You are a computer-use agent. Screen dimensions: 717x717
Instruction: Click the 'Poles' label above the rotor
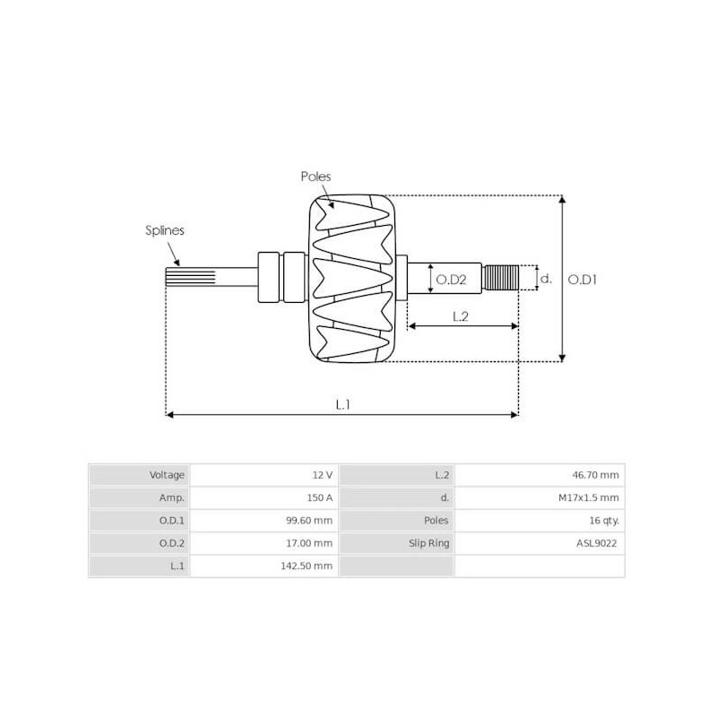[315, 177]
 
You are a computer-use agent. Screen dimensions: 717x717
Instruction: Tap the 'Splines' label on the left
[165, 230]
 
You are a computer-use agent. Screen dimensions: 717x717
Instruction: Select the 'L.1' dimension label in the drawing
[342, 404]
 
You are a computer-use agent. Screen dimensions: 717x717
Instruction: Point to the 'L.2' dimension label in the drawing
[460, 315]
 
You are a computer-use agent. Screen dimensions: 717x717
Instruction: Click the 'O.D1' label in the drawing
[583, 280]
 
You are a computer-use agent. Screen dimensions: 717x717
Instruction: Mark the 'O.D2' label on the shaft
[451, 280]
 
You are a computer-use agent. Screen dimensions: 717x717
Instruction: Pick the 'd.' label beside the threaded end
[545, 279]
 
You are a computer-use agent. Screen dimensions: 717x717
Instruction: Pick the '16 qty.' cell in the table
[602, 520]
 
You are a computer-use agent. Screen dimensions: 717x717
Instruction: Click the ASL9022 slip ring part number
[597, 543]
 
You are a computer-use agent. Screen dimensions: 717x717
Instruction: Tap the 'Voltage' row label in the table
[167, 475]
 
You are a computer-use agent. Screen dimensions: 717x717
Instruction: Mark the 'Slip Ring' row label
[428, 543]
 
